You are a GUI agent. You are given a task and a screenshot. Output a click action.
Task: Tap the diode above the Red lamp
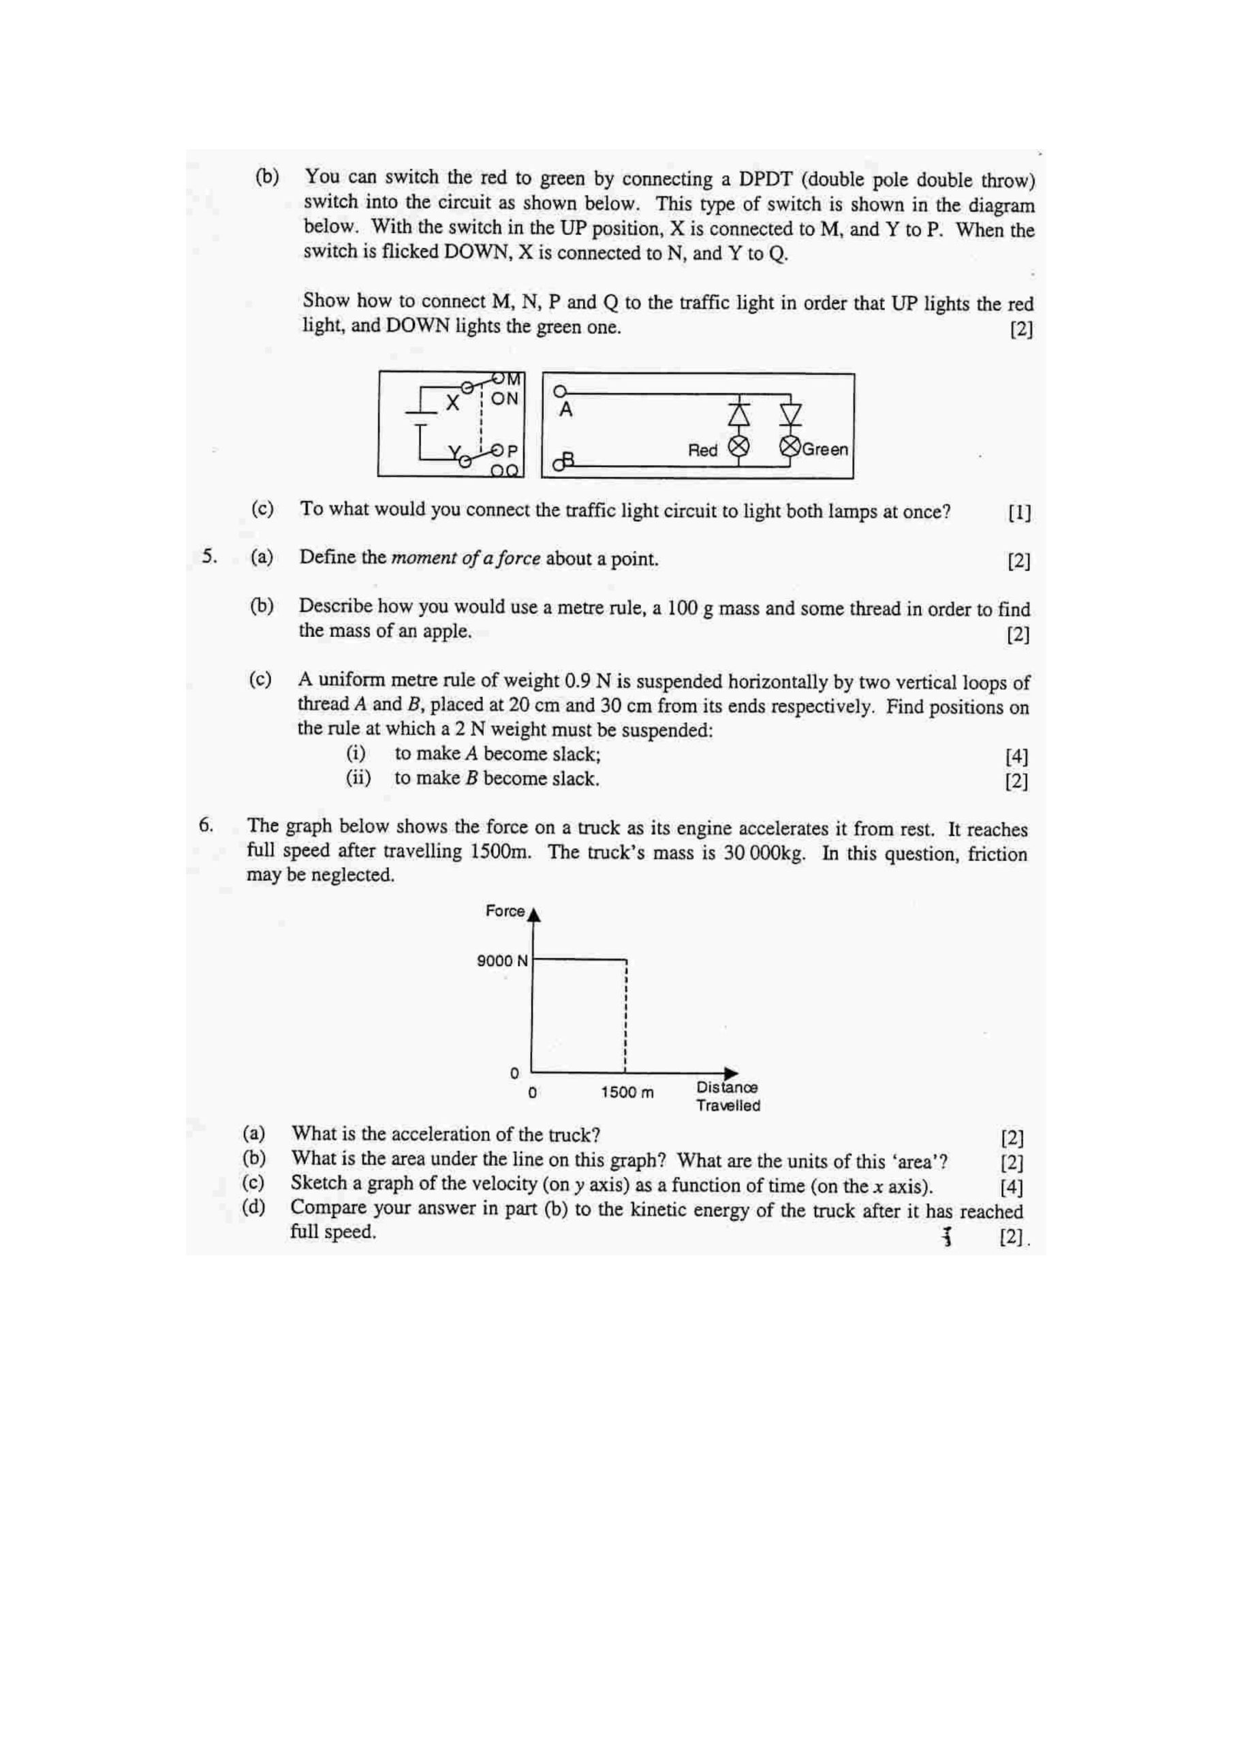[x=738, y=414]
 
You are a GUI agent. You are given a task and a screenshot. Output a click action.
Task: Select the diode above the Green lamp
[x=791, y=414]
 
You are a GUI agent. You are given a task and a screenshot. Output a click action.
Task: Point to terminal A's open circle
[x=560, y=392]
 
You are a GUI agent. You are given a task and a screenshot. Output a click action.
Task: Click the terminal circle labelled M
[x=499, y=377]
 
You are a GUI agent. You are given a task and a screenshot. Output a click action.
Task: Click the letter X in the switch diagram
[x=453, y=403]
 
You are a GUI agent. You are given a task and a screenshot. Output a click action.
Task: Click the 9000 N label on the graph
[x=502, y=961]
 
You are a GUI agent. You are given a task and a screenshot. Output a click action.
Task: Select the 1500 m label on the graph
[x=627, y=1092]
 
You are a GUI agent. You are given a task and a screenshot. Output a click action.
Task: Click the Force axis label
[x=505, y=911]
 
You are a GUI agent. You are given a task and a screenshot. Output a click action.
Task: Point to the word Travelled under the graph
[x=728, y=1105]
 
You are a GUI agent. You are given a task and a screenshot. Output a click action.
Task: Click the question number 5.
[x=209, y=557]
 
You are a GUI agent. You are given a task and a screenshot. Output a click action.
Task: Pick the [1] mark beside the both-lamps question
[x=1019, y=513]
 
